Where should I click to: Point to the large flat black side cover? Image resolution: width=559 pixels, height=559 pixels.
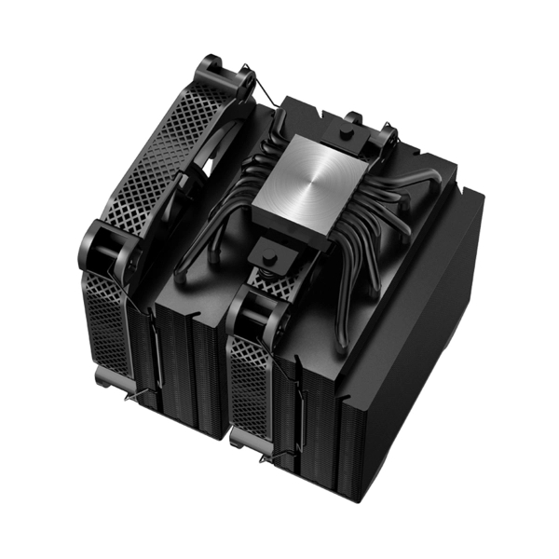coord(419,317)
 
